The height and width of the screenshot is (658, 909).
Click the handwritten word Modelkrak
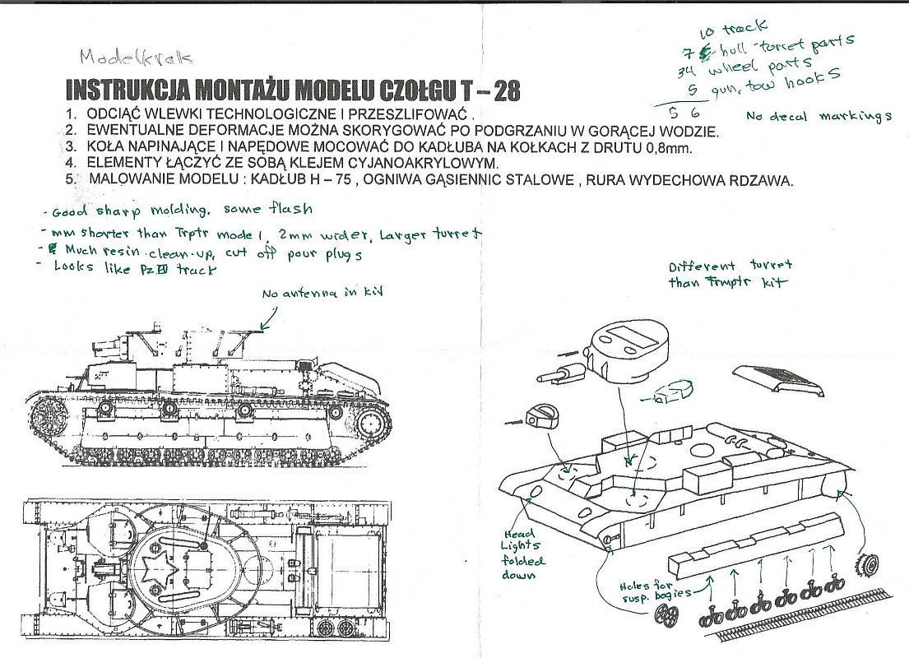[x=136, y=58]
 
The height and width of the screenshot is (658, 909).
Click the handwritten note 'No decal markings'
[x=819, y=117]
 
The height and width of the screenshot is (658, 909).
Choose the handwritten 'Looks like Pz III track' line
[x=136, y=268]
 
